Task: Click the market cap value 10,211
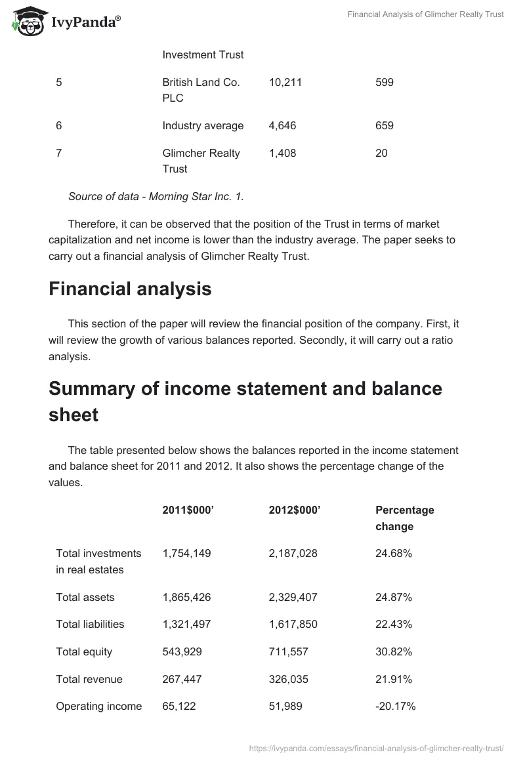coord(285,83)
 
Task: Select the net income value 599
coord(385,83)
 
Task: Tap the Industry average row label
coord(203,125)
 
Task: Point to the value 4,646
coord(283,125)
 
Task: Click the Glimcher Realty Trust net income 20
coord(381,153)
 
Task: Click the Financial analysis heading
coord(130,289)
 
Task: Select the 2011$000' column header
coord(188,510)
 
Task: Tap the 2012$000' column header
coord(295,510)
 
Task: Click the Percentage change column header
coord(404,518)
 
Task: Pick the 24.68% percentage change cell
coord(394,553)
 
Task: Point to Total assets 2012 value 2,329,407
coord(293,597)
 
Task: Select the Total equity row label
coord(84,651)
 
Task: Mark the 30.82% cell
coord(394,651)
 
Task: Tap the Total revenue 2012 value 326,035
coord(288,679)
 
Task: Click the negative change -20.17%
coord(395,706)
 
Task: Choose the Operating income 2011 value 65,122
coord(179,706)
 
